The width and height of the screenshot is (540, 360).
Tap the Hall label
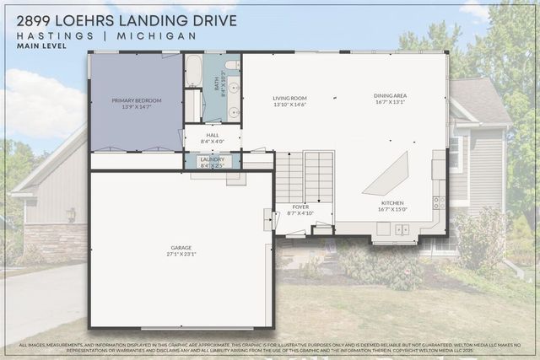(212, 137)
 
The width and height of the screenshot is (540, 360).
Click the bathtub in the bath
(193, 72)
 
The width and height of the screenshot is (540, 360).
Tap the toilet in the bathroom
(232, 65)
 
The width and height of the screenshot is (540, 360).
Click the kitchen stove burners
(439, 202)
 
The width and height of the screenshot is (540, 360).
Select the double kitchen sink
(400, 229)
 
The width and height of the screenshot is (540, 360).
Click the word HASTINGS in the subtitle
(44, 35)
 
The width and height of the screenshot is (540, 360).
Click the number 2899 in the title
(35, 19)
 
